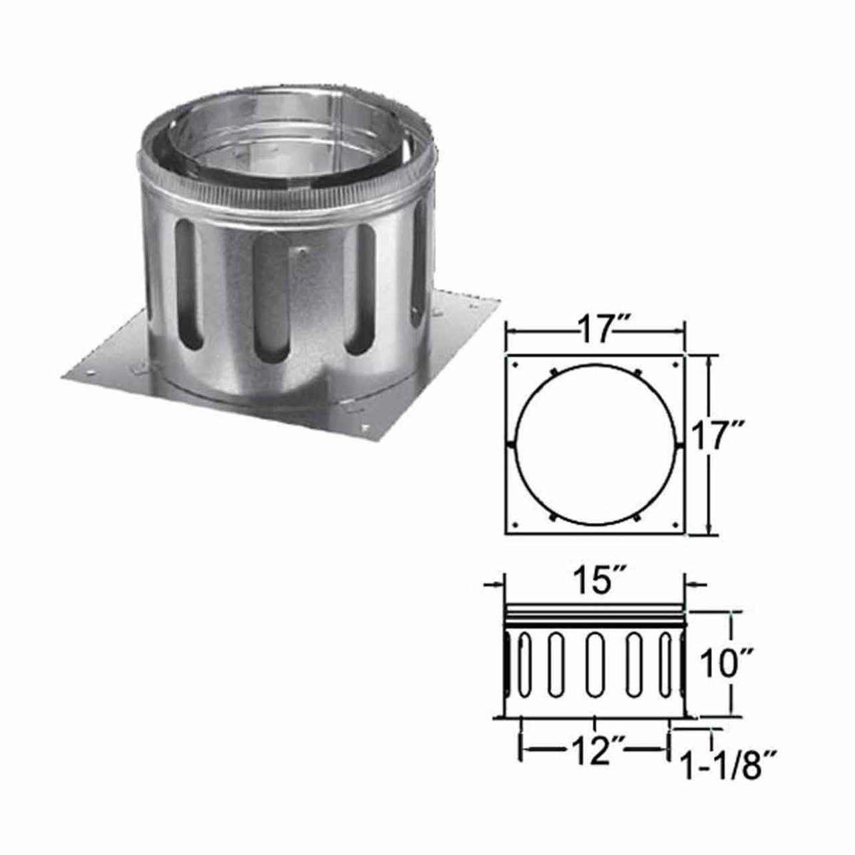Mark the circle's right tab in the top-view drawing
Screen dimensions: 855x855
click(679, 444)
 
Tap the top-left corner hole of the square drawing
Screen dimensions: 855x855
click(515, 365)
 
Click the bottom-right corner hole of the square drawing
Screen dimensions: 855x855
click(676, 525)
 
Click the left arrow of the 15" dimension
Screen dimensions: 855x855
click(493, 586)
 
